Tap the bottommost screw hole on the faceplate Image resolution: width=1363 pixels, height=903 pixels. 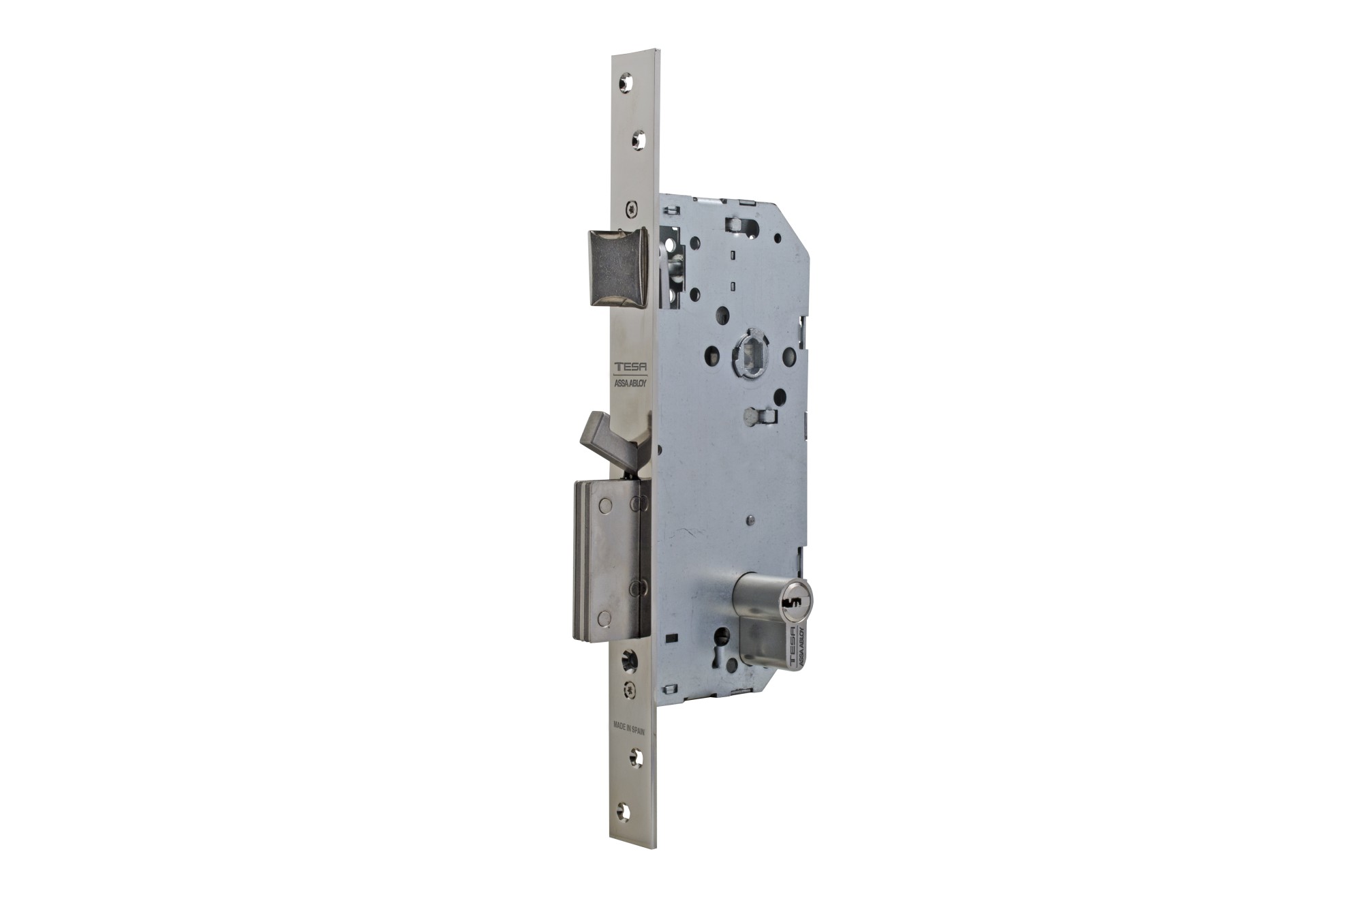tap(623, 811)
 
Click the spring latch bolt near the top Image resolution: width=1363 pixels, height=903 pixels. tap(617, 268)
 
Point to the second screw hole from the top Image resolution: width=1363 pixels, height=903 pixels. tap(638, 141)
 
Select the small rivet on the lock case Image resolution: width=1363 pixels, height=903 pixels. tap(750, 521)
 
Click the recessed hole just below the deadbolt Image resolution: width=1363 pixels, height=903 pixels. tap(628, 660)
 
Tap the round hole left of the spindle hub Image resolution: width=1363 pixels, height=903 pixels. tap(711, 354)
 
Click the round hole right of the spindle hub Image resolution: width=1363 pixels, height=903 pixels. tap(788, 356)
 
